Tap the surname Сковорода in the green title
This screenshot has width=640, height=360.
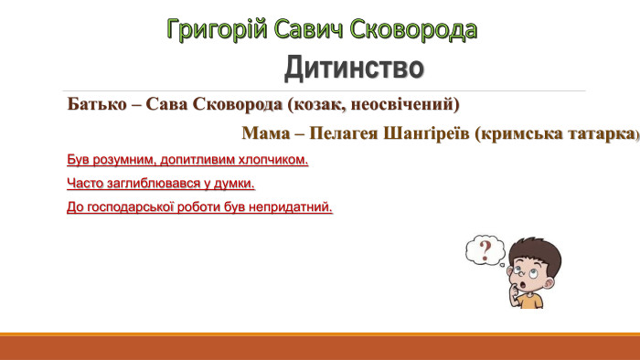(420, 29)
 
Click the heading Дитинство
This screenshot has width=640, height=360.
(354, 68)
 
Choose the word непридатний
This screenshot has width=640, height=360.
(293, 207)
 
